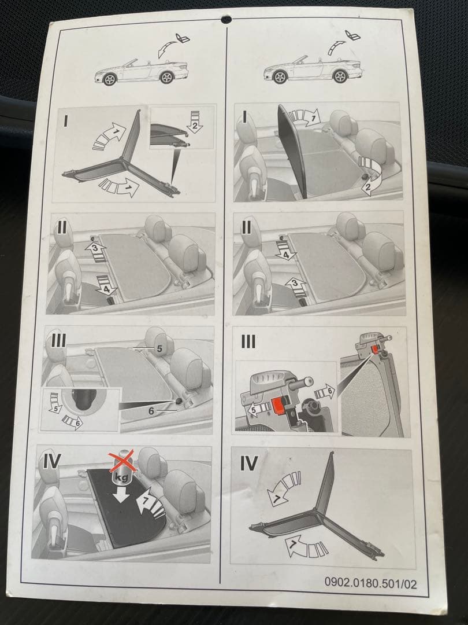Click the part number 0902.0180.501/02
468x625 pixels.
tap(370, 583)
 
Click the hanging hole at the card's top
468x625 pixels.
tap(226, 19)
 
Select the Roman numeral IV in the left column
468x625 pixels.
tap(52, 461)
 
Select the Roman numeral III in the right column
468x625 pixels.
tap(248, 341)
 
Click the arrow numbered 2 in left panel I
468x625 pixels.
tap(195, 122)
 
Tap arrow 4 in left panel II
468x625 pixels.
tap(106, 285)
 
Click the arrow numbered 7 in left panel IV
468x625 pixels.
tap(150, 503)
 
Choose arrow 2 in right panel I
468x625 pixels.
tap(370, 175)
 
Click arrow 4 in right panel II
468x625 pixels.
tap(286, 251)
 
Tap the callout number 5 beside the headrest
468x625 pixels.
tap(159, 349)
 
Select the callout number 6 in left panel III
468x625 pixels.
tap(151, 410)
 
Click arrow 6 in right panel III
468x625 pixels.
tap(325, 392)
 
